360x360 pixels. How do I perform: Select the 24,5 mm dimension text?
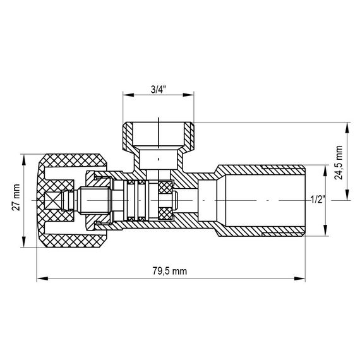(x=339, y=162)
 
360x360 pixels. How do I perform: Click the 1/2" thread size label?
(x=318, y=200)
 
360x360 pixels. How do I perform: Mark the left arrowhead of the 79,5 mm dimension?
(x=40, y=277)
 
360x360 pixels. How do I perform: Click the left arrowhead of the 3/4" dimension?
(x=126, y=96)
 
